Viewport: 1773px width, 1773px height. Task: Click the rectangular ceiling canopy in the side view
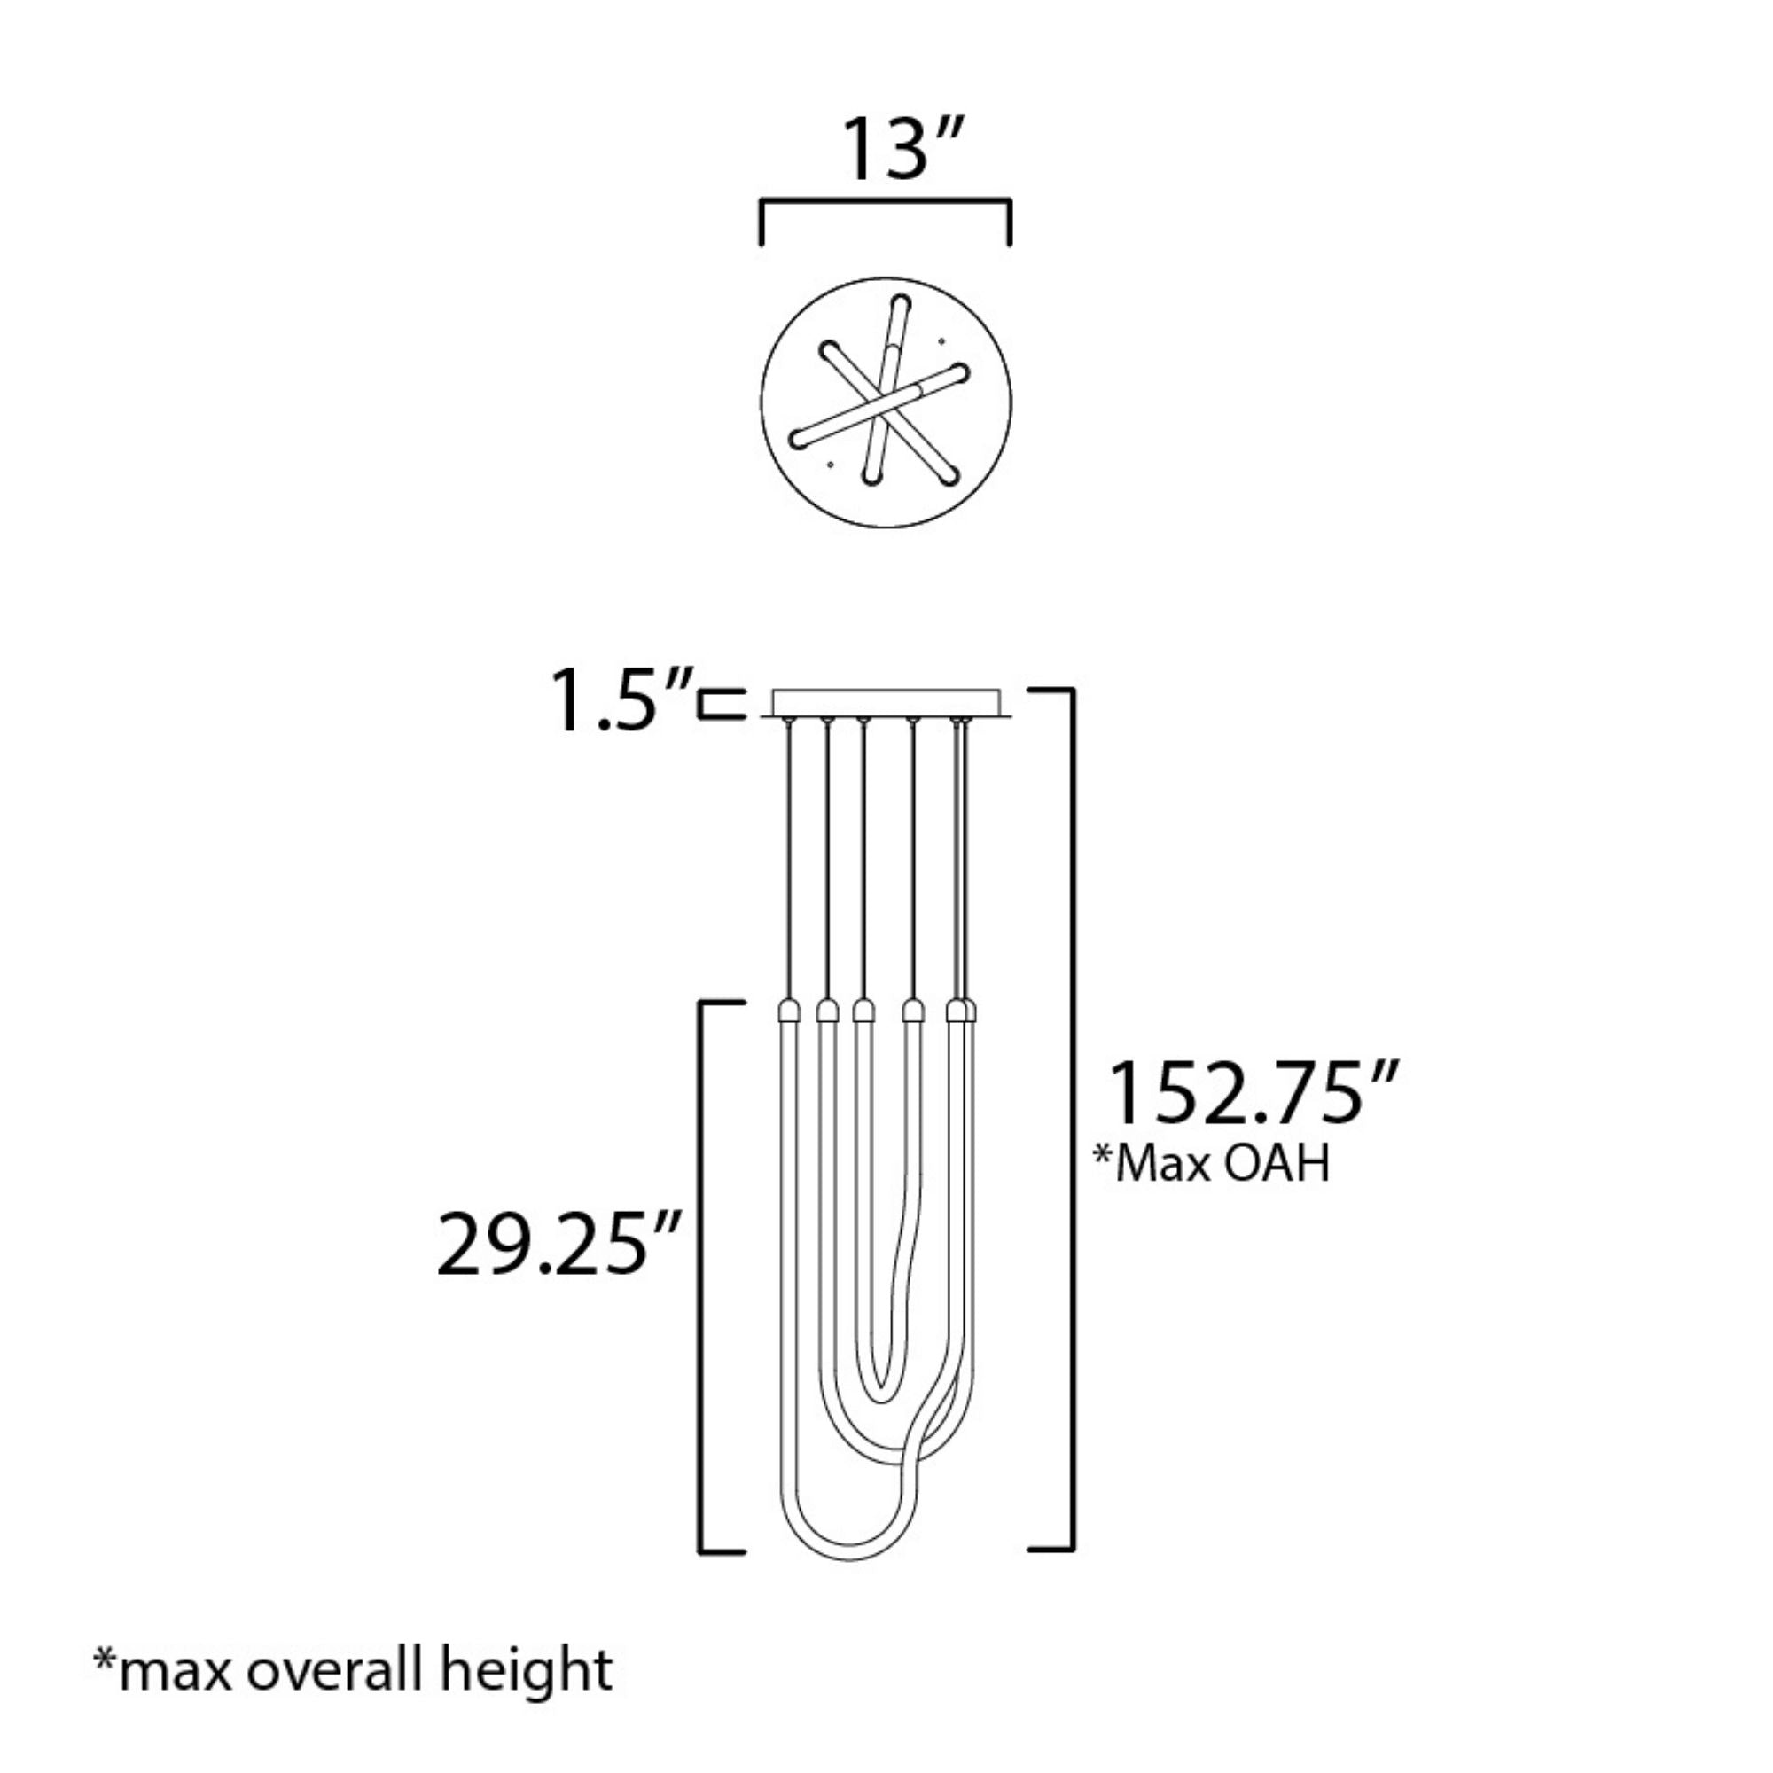coord(886,703)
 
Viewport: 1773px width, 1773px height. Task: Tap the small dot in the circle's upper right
coord(941,342)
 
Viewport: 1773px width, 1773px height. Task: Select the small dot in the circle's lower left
coord(831,465)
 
